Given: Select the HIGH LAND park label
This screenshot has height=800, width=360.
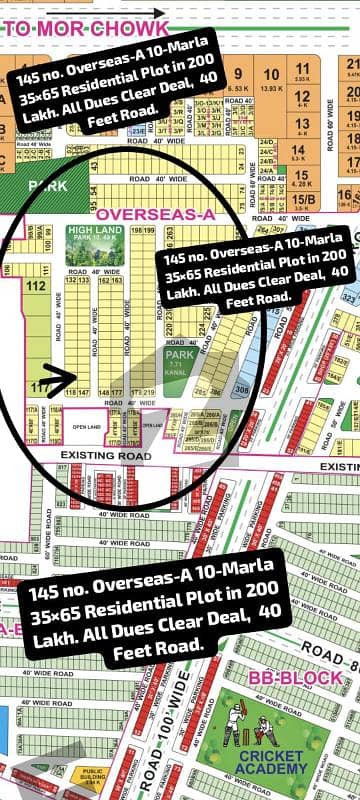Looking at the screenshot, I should pos(92,233).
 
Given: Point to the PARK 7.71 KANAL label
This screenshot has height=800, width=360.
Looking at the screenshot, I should pos(177,358).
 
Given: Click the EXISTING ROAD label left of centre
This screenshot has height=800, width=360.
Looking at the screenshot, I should pos(103,456).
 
